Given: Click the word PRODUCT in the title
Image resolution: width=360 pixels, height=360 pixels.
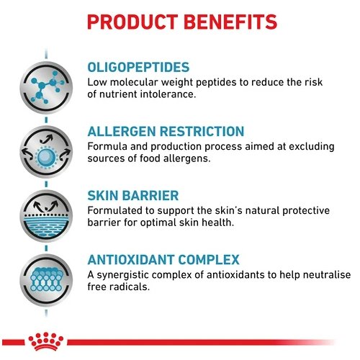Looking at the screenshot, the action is pyautogui.click(x=132, y=22).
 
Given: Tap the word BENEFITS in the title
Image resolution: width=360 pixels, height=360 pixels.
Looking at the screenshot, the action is pyautogui.click(x=230, y=22).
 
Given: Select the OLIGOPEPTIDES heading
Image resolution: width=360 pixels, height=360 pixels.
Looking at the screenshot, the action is pyautogui.click(x=138, y=67).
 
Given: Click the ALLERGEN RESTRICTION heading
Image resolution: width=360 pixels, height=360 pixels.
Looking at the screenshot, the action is pyautogui.click(x=166, y=132).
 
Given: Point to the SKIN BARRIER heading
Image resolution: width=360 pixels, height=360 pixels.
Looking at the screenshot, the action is pyautogui.click(x=133, y=196).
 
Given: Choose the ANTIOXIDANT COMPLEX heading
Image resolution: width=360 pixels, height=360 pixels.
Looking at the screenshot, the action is pyautogui.click(x=163, y=260).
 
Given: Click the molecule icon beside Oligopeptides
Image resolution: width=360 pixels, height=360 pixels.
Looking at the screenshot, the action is pyautogui.click(x=46, y=87).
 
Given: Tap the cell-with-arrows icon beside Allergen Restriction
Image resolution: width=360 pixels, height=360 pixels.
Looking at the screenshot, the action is pyautogui.click(x=46, y=152).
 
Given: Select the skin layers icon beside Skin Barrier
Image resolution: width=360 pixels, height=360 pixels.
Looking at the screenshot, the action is pyautogui.click(x=46, y=216).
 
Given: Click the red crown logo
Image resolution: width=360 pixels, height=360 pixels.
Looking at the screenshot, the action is pyautogui.click(x=45, y=341).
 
